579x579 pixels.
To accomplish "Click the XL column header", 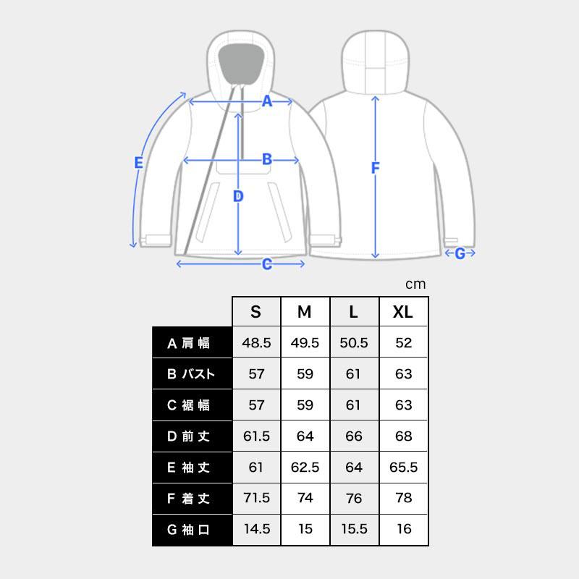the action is point(403,312).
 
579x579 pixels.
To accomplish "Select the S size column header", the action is point(255,312).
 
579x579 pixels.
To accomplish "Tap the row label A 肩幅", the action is point(192,343).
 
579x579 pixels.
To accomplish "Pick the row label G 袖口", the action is point(192,529).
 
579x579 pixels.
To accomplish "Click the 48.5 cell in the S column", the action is point(255,343).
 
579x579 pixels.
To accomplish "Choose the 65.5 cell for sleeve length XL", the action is point(403,468).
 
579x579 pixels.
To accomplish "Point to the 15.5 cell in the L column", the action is point(354,529).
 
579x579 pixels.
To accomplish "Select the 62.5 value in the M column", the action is point(305,468).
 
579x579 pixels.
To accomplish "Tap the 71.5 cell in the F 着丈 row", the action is point(255,498).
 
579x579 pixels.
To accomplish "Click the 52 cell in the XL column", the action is point(403,343).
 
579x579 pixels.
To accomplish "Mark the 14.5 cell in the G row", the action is point(255,529).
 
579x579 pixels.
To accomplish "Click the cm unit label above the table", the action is point(415,284).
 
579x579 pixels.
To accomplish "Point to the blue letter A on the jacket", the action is point(266,102).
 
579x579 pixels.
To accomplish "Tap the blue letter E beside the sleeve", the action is point(139,164).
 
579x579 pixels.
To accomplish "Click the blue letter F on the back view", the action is point(375,169).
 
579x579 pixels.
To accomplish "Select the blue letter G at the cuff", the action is point(460,253).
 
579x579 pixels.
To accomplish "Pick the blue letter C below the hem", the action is point(266,264).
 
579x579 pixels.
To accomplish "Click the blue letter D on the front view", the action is point(238,196).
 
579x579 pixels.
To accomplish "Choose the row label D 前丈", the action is point(192,436).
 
